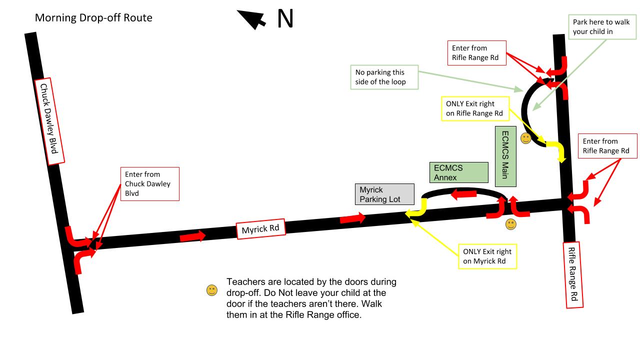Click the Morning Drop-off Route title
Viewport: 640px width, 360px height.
93,18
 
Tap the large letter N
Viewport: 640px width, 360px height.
285,19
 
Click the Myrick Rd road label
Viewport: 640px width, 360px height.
260,229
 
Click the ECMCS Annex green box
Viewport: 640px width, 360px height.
458,172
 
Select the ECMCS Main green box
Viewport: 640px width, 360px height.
505,156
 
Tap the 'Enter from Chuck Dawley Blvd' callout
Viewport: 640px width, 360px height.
149,183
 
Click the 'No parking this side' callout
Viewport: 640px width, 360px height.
384,76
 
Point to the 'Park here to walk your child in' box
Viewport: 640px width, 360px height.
598,27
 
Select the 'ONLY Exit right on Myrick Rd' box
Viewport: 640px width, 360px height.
487,256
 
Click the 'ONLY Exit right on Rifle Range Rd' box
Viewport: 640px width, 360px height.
475,108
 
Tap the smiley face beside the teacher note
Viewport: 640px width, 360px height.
212,290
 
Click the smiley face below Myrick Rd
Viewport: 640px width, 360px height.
510,224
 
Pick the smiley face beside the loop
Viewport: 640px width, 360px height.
525,138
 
